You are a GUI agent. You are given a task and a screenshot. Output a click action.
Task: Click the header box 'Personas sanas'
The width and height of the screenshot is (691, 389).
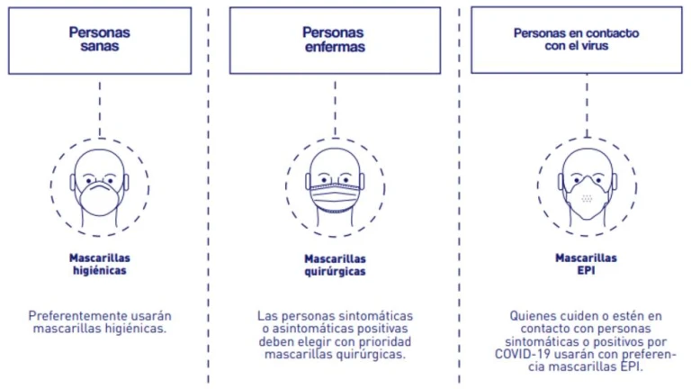(x=100, y=41)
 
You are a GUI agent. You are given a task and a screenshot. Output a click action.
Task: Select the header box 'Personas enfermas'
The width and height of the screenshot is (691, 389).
(x=335, y=41)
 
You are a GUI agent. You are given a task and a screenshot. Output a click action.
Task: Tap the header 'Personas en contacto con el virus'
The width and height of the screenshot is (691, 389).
(x=577, y=40)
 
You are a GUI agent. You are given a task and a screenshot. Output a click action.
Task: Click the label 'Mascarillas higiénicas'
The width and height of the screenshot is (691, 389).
(x=100, y=264)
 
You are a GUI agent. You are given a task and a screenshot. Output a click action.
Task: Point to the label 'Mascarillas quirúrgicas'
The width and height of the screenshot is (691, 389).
(x=335, y=265)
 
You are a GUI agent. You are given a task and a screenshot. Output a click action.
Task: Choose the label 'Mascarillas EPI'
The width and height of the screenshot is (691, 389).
(x=586, y=264)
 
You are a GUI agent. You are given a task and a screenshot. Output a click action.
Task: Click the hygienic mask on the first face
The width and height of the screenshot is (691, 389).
(x=100, y=198)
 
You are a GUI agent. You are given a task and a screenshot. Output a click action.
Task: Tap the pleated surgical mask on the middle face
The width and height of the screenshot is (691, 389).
(x=335, y=197)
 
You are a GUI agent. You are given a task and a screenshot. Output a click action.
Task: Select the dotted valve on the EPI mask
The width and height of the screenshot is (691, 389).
(x=587, y=198)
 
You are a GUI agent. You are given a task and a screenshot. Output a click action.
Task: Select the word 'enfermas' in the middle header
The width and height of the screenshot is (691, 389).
(x=335, y=47)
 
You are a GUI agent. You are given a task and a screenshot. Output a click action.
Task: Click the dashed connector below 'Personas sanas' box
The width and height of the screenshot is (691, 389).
(x=100, y=108)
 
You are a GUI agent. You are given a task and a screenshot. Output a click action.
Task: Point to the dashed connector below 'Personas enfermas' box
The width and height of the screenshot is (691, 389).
(x=335, y=108)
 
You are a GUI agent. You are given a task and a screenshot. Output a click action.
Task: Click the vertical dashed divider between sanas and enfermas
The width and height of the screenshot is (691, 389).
(x=208, y=194)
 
